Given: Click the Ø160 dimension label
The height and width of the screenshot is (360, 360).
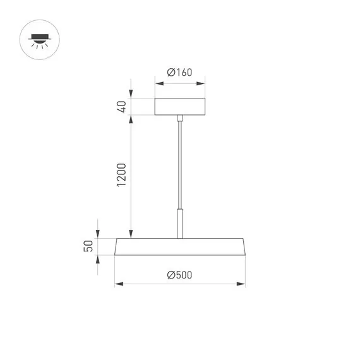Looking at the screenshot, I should coord(179,73).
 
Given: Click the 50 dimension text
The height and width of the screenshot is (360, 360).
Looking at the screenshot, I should coord(89,246).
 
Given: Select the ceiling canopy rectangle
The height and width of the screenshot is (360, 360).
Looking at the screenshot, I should coord(180,107).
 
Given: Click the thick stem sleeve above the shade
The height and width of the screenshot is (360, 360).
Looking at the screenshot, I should coord(181,224).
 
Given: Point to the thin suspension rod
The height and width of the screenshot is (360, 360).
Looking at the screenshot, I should coord(181,164).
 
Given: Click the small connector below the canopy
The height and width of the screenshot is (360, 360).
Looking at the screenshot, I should coord(181,118).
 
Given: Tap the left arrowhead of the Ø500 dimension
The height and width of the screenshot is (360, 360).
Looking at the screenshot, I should coord(117,284).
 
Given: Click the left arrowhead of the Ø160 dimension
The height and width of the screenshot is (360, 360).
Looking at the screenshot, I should coord(158,81).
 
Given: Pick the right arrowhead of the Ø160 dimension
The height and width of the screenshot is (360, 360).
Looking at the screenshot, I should coord(202,81).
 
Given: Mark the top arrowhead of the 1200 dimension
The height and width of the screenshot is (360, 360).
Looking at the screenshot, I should coord(131,119).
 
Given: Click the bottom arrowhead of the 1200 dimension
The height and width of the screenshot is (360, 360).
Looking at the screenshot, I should coord(131,233).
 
